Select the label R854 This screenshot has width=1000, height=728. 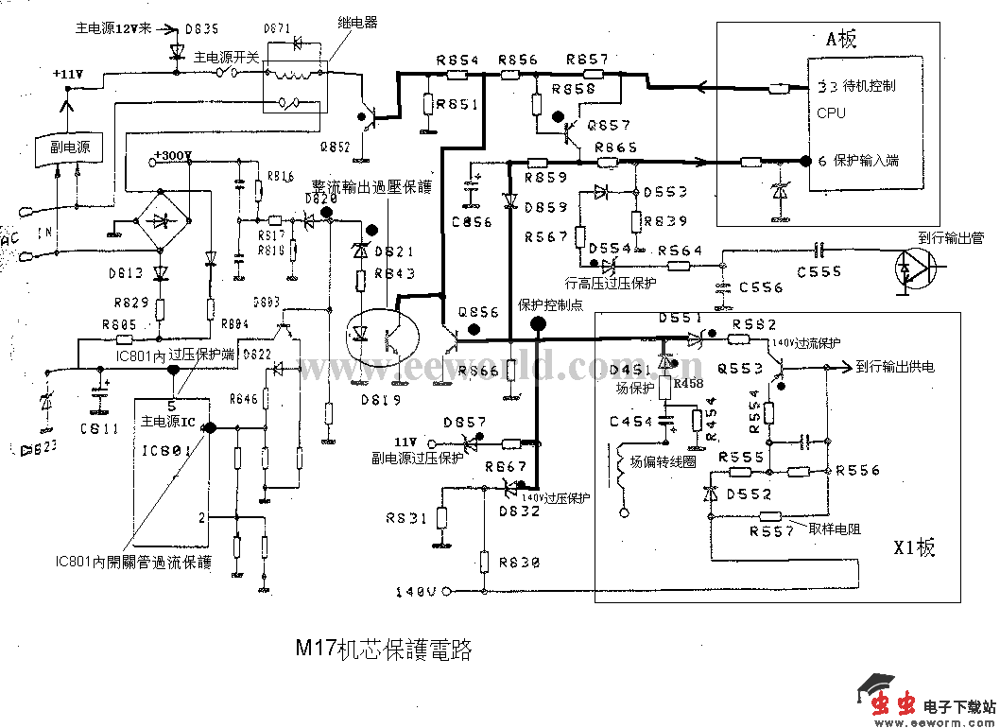[x=457, y=61]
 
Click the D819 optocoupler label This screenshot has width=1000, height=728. [x=381, y=400]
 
